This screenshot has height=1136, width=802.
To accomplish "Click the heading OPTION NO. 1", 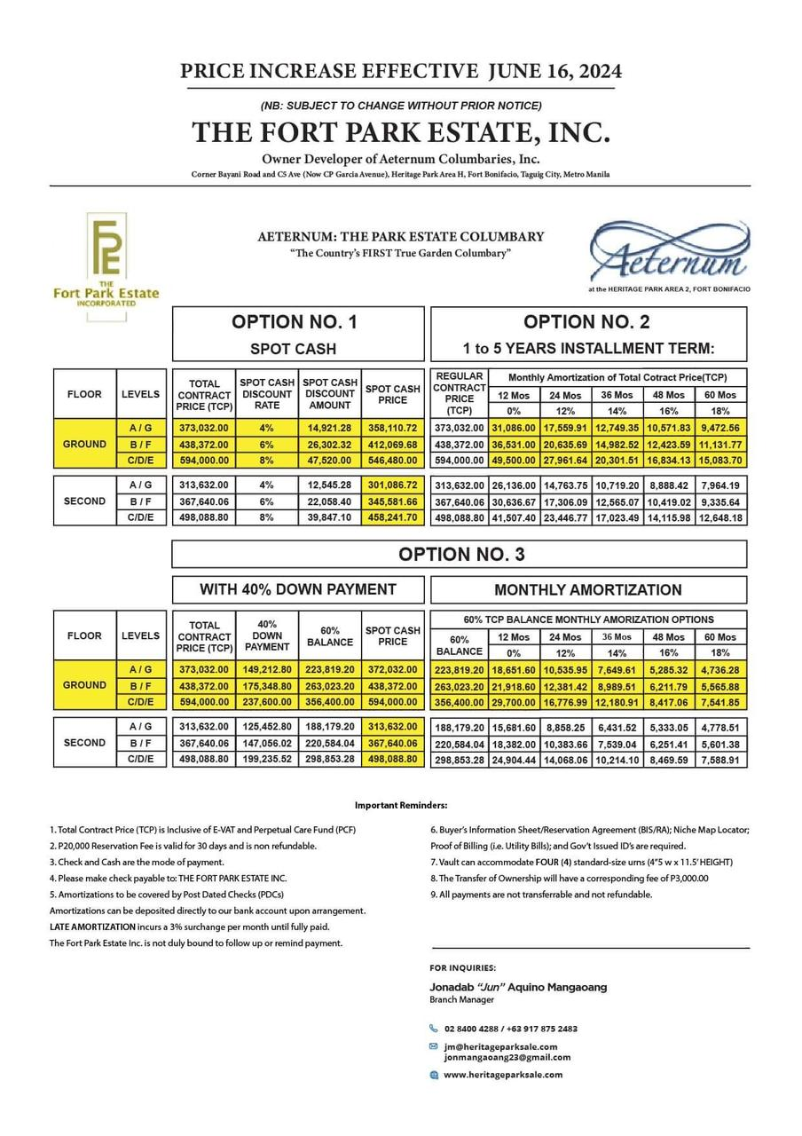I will click(x=294, y=322).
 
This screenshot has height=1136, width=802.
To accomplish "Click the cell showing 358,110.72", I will click(x=392, y=428).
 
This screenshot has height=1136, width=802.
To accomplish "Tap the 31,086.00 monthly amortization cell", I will click(x=514, y=428).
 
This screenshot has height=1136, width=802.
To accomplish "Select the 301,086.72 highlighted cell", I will click(x=392, y=485).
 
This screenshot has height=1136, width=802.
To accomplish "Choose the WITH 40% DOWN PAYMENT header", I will click(x=298, y=589).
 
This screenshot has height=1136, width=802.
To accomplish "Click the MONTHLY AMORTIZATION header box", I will click(x=588, y=590).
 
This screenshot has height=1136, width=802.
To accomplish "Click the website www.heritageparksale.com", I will click(x=502, y=1075).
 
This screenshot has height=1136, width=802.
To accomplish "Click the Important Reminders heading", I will click(x=401, y=805).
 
